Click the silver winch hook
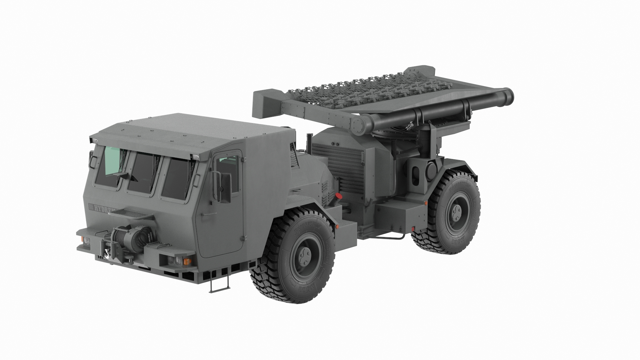click(107, 254)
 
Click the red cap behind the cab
click(338, 197)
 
